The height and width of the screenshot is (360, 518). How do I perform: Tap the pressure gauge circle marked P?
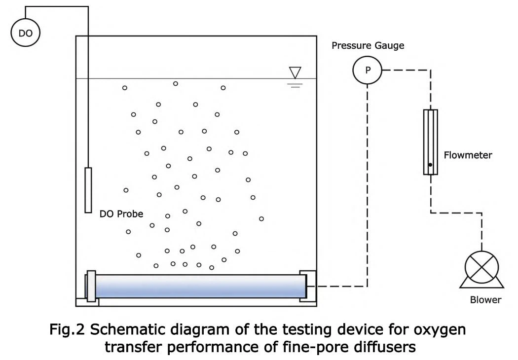[x=368, y=70]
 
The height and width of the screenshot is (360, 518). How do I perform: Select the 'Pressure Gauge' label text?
[x=368, y=46]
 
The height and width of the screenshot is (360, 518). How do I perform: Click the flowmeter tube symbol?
[x=430, y=142]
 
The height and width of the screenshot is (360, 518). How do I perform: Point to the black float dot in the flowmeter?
[x=430, y=165]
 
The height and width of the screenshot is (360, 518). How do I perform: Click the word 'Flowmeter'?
[x=468, y=155]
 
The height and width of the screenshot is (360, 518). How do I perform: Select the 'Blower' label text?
[x=486, y=300]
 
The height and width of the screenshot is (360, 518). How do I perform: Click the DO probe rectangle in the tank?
[x=88, y=190]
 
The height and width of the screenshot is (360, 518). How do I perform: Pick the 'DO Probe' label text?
[x=121, y=214]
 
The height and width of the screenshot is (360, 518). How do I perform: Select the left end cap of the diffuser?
[x=91, y=286]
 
